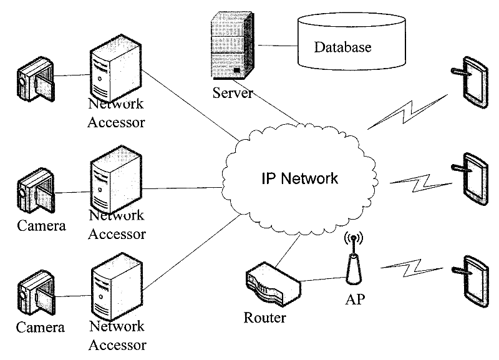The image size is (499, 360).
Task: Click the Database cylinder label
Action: (x=342, y=47)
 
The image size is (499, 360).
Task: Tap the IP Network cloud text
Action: (x=299, y=178)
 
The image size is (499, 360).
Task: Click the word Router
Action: (x=264, y=318)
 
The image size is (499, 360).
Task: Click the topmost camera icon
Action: (x=35, y=79)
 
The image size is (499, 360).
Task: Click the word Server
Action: (x=233, y=94)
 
